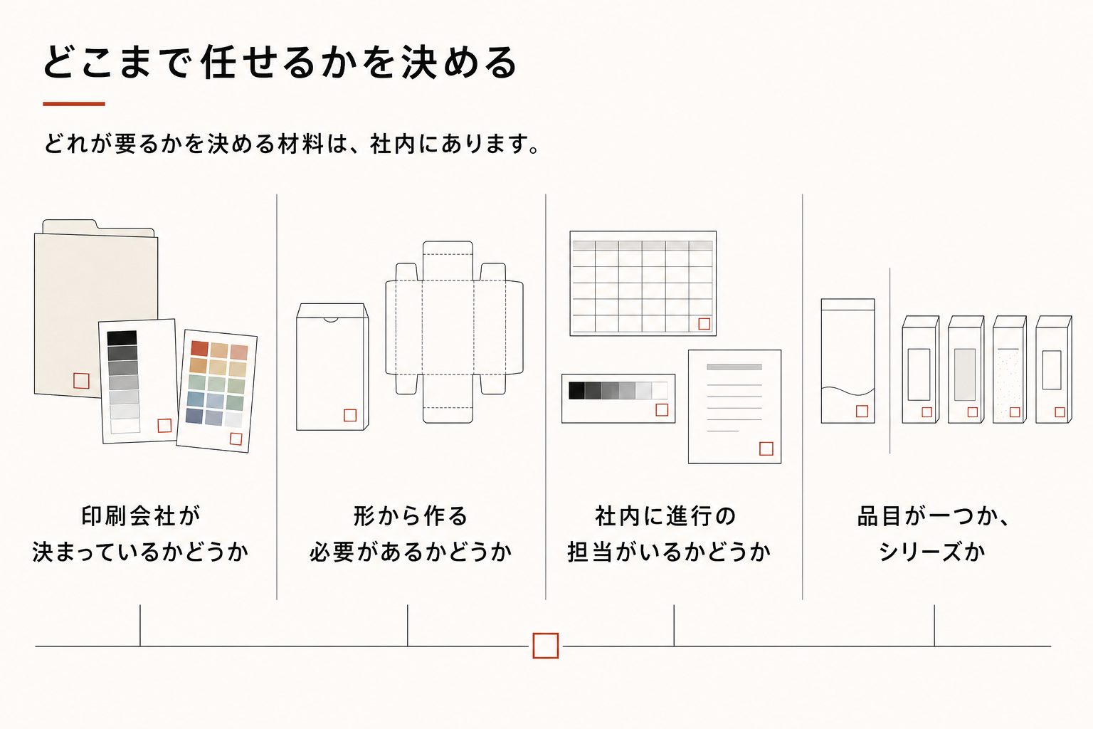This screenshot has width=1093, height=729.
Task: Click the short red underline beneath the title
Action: pos(74,104)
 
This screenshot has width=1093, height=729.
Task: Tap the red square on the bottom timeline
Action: pos(546,646)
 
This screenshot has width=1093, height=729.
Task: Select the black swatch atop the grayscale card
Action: pos(122,338)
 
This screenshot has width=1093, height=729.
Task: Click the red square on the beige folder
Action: pos(81,381)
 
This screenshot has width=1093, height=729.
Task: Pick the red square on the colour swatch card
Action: pos(236,439)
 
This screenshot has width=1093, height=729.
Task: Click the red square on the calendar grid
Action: pos(704,324)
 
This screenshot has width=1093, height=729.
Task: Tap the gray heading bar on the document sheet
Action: pos(734,367)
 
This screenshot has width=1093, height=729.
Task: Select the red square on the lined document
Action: pos(766,449)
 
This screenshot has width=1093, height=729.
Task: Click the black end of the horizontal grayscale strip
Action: pos(577,391)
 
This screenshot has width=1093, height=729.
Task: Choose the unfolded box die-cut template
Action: pos(454,332)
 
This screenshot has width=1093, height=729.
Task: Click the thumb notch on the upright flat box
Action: pos(332,320)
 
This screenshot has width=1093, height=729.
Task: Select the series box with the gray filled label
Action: pos(966,369)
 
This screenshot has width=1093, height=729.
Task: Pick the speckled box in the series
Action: pos(1010,369)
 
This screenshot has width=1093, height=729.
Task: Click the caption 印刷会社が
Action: pos(141,516)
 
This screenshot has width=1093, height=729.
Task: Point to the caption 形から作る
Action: pos(411,516)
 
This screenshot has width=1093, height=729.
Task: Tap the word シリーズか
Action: pos(932,552)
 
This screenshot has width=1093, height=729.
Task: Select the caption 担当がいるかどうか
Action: pos(669,552)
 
